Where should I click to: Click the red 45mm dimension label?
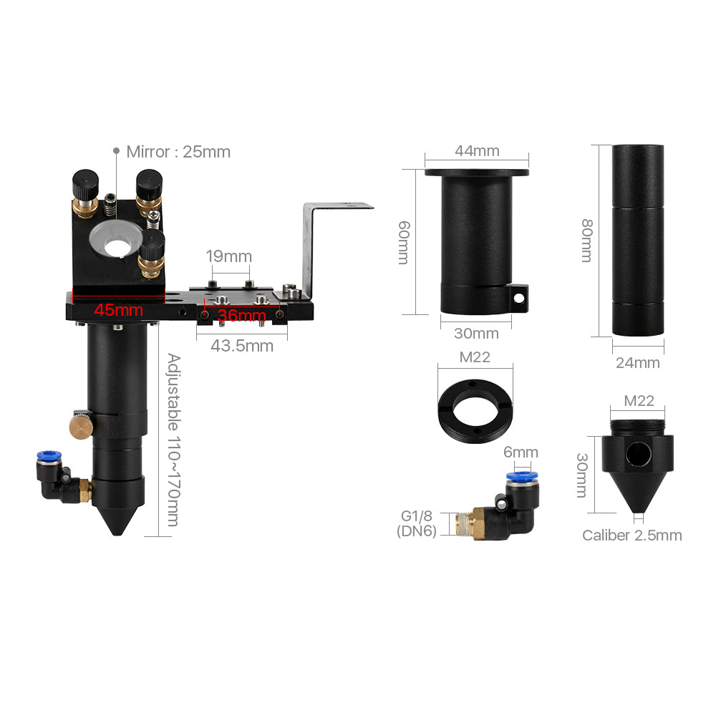tap(118, 311)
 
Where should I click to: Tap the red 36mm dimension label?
tap(241, 315)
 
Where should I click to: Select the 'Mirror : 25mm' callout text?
tap(178, 152)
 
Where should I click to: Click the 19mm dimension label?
tap(228, 256)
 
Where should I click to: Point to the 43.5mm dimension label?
tap(242, 346)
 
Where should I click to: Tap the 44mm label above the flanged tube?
tap(477, 150)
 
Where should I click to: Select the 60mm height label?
tap(404, 242)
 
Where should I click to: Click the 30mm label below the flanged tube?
tap(476, 333)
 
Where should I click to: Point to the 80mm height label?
tap(586, 240)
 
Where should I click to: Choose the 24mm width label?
tap(637, 362)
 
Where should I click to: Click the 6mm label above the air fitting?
tap(521, 453)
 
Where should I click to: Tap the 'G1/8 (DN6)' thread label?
tap(417, 523)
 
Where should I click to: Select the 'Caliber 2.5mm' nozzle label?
tap(632, 535)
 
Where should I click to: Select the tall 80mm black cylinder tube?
tap(638, 240)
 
